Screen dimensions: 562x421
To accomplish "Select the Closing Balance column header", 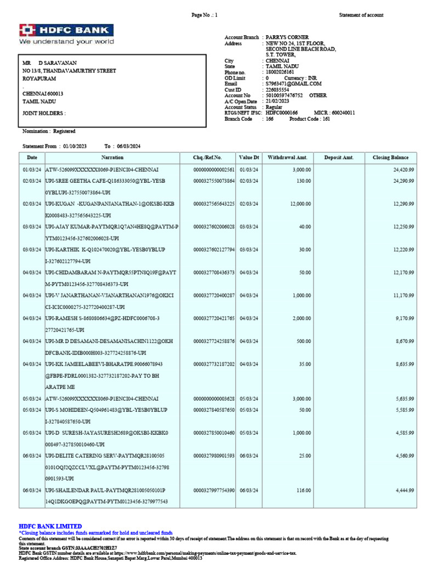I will coord(390,158).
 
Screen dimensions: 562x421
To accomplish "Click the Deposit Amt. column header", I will coord(339,158).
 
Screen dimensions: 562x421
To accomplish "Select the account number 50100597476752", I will coord(285,95).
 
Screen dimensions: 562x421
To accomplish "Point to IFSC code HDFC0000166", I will coord(282,113).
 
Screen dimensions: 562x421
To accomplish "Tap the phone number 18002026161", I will coord(280,72).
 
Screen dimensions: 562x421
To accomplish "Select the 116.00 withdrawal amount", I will coord(303,490).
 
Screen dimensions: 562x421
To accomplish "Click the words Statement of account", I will coord(361,15).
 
